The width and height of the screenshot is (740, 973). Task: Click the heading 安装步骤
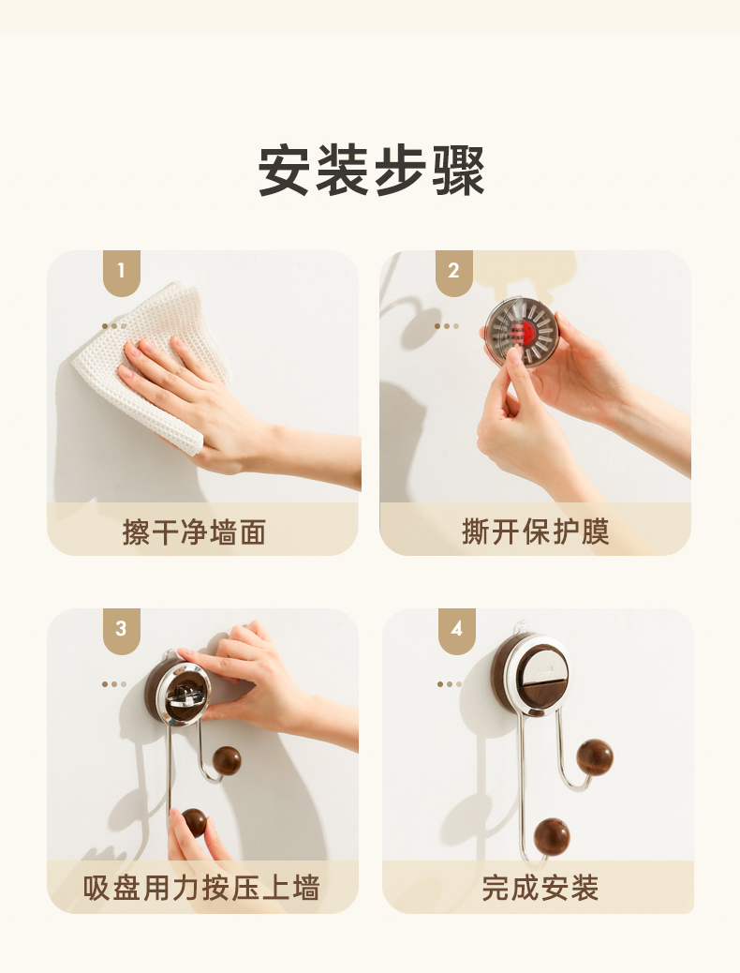pyautogui.click(x=371, y=171)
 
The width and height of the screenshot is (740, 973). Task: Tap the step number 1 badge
pyautogui.click(x=122, y=273)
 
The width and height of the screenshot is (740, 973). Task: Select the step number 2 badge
pyautogui.click(x=454, y=273)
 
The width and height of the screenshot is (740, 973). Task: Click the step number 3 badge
pyautogui.click(x=122, y=631)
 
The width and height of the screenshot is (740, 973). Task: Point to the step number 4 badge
pyautogui.click(x=457, y=631)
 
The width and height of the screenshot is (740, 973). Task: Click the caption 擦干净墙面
pyautogui.click(x=194, y=532)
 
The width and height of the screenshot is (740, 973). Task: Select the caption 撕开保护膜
pyautogui.click(x=535, y=531)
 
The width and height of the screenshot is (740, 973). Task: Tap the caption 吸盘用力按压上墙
pyautogui.click(x=201, y=888)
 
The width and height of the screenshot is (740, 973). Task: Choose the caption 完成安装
pyautogui.click(x=540, y=888)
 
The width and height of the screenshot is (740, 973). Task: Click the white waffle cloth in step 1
pyautogui.click(x=155, y=348)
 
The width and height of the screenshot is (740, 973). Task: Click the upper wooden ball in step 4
pyautogui.click(x=594, y=757)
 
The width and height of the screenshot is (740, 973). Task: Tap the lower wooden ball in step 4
pyautogui.click(x=552, y=836)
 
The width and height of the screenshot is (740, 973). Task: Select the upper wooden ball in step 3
pyautogui.click(x=227, y=761)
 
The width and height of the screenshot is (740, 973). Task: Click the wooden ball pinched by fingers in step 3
pyautogui.click(x=194, y=823)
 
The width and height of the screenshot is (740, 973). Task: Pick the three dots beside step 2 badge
pyautogui.click(x=447, y=326)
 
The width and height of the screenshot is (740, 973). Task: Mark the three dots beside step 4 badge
pyautogui.click(x=449, y=684)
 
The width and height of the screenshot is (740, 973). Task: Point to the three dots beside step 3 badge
pyautogui.click(x=114, y=684)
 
